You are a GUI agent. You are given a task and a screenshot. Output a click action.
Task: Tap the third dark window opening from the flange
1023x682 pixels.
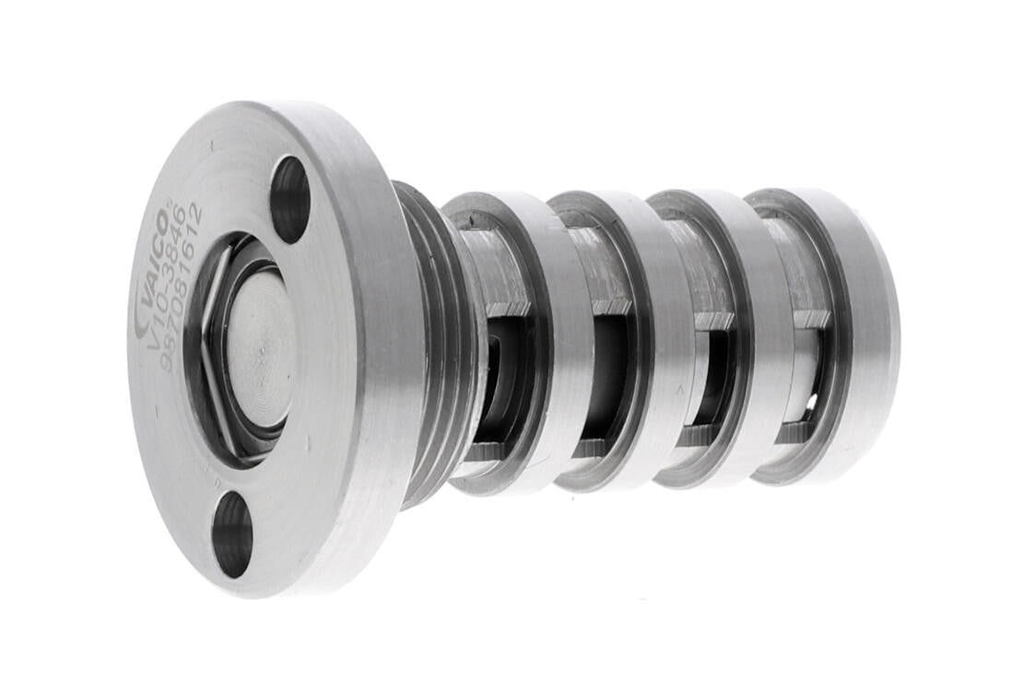(715, 378)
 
